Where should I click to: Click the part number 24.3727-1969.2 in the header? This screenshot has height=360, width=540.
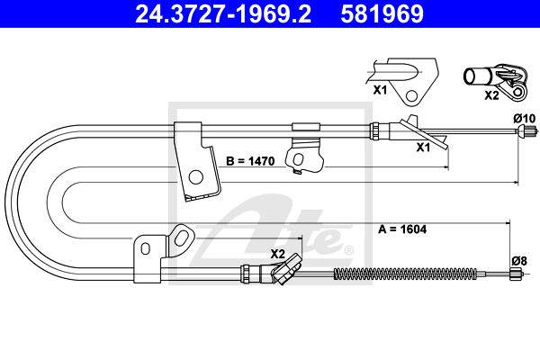(223, 13)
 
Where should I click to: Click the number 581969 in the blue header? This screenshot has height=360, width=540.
(382, 13)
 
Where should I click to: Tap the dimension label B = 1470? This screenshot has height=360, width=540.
(250, 161)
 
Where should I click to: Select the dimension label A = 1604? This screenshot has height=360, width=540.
(402, 229)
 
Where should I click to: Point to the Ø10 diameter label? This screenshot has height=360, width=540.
(525, 119)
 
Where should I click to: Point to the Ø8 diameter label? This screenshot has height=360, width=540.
(519, 261)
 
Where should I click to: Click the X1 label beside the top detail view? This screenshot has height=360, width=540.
(380, 90)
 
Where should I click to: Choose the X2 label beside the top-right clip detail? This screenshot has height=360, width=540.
(491, 95)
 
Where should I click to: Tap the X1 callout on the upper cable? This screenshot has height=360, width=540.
(423, 148)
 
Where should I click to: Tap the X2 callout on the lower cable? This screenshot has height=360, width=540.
(277, 254)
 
